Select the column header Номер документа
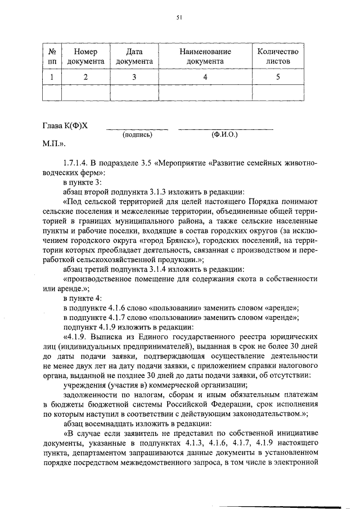point(85,56)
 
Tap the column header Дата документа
point(134,56)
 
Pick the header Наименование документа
point(205,56)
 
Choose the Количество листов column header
point(277,56)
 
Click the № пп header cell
point(52,56)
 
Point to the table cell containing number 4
point(205,78)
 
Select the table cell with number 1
point(52,78)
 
